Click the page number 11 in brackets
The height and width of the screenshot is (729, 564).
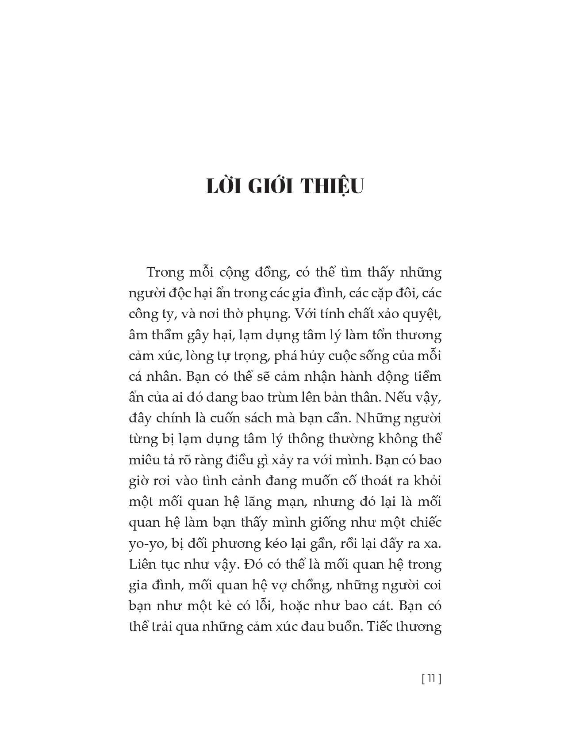tap(432, 679)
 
